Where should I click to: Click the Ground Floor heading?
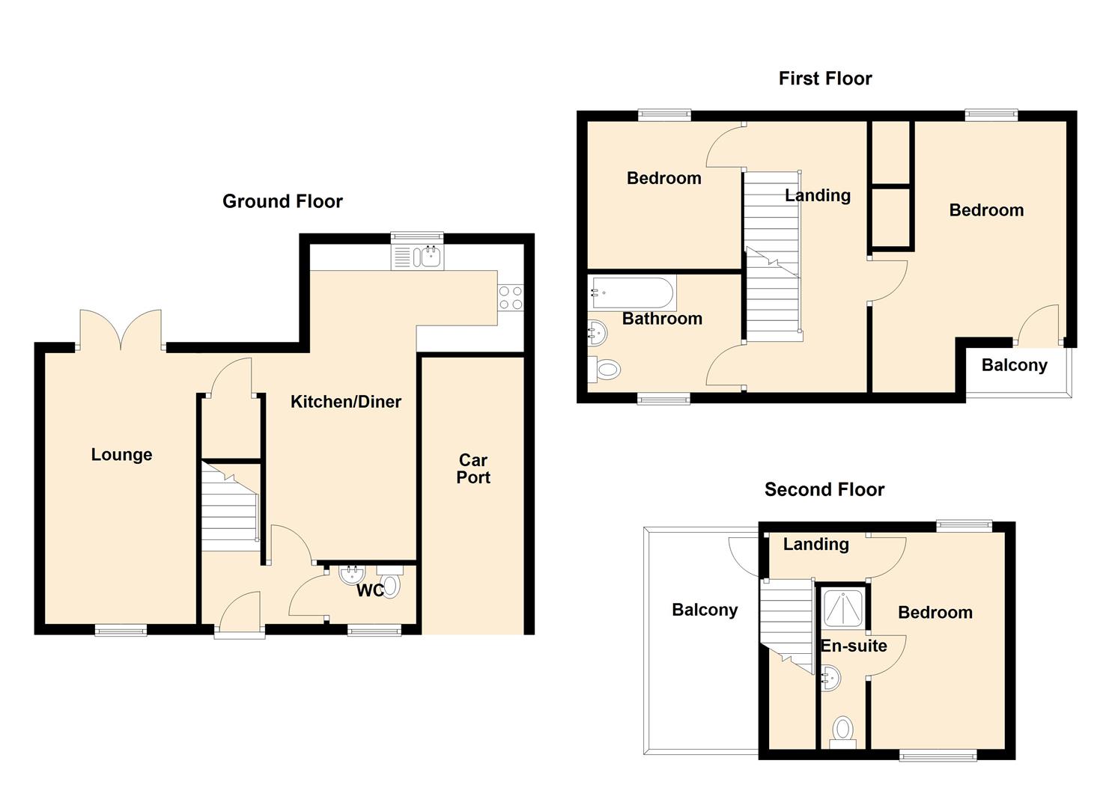tap(282, 201)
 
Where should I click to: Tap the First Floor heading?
tap(825, 79)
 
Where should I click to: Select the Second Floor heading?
tap(824, 489)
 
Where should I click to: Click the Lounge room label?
tap(121, 455)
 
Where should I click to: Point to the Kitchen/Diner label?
tap(345, 402)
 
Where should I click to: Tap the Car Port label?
tap(473, 469)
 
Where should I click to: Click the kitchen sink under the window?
tap(418, 257)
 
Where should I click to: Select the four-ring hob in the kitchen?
tap(511, 298)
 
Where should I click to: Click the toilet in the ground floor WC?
tap(390, 582)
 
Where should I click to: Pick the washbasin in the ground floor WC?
tap(353, 575)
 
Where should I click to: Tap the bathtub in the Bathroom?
tap(631, 293)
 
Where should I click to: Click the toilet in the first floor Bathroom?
tap(604, 370)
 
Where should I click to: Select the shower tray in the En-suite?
tap(842, 608)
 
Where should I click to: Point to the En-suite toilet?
tap(843, 734)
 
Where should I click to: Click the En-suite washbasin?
tap(830, 678)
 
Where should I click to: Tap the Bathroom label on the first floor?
tap(662, 319)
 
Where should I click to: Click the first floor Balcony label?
tap(1014, 366)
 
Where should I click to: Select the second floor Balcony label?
tap(705, 610)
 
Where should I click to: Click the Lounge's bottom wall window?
tap(121, 631)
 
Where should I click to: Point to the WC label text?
tap(371, 590)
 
